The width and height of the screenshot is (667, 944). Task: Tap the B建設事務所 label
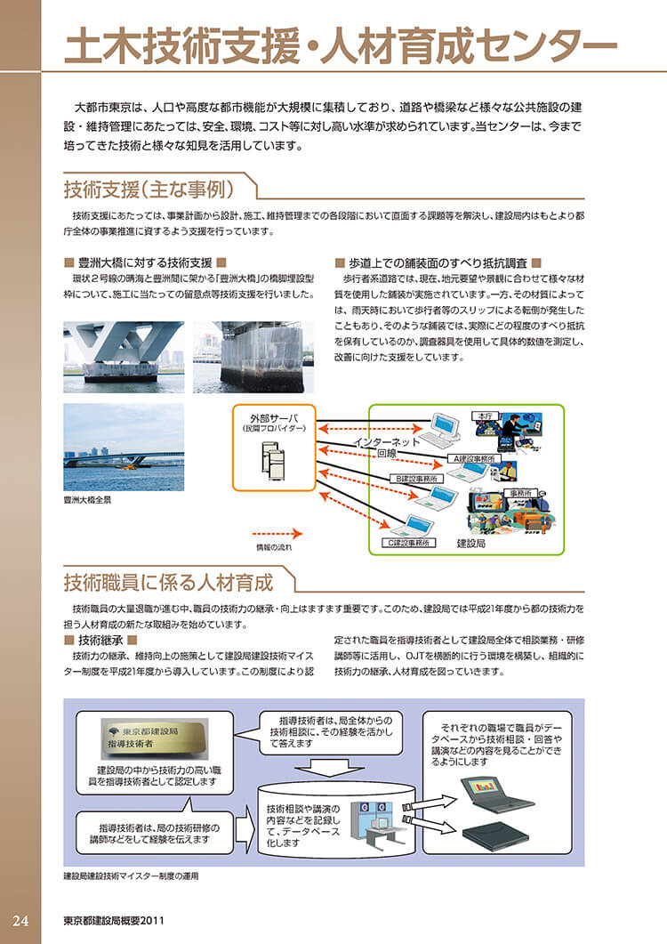[x=417, y=480]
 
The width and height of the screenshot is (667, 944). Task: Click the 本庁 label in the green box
[x=485, y=416]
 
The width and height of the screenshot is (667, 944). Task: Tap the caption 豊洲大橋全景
[x=87, y=501]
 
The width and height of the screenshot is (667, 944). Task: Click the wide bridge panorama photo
[x=124, y=448]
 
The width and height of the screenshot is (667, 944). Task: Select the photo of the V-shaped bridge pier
[x=124, y=356]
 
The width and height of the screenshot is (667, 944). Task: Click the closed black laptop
[x=493, y=835]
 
